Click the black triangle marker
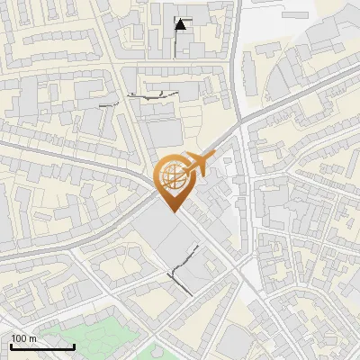tap(182, 24)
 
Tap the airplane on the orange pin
tap(196, 163)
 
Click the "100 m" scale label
tap(23, 338)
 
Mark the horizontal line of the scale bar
tap(42, 346)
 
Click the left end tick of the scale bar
tap(11, 345)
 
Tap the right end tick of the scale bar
tap(74, 345)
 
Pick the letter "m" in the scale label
tap(32, 338)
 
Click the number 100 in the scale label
tap(19, 338)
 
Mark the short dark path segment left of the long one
tap(110, 104)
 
